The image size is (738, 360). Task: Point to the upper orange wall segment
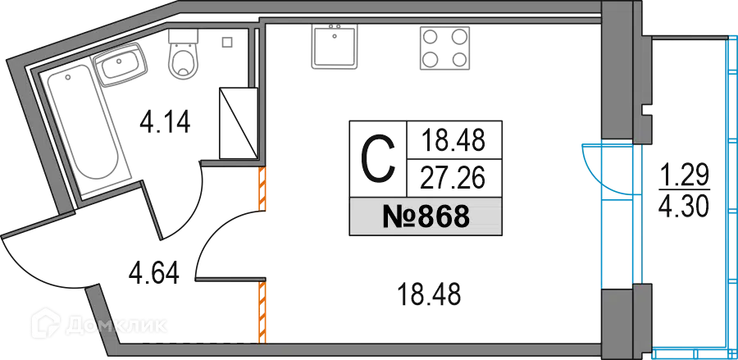(x=262, y=188)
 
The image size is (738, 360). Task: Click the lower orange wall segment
(x=262, y=312)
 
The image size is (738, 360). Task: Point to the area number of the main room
(x=430, y=290)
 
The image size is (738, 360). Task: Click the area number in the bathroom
(x=164, y=123)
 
